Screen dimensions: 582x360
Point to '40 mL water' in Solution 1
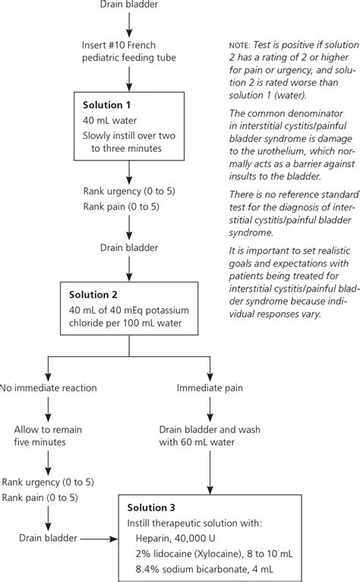tap(110, 120)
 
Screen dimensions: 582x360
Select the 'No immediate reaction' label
tap(49, 387)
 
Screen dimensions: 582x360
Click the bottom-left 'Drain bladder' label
tap(47, 538)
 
